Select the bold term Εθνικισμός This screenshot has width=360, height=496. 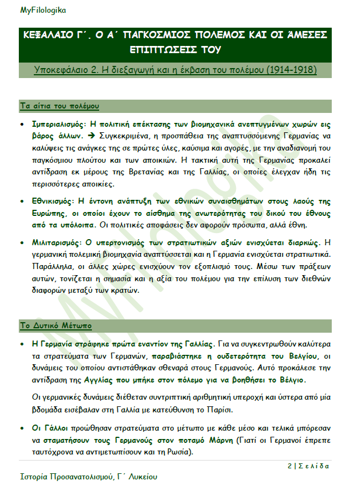pos(54,201)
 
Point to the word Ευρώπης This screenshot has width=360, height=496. pos(48,213)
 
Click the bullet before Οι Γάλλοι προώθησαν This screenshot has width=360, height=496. pos(21,428)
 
